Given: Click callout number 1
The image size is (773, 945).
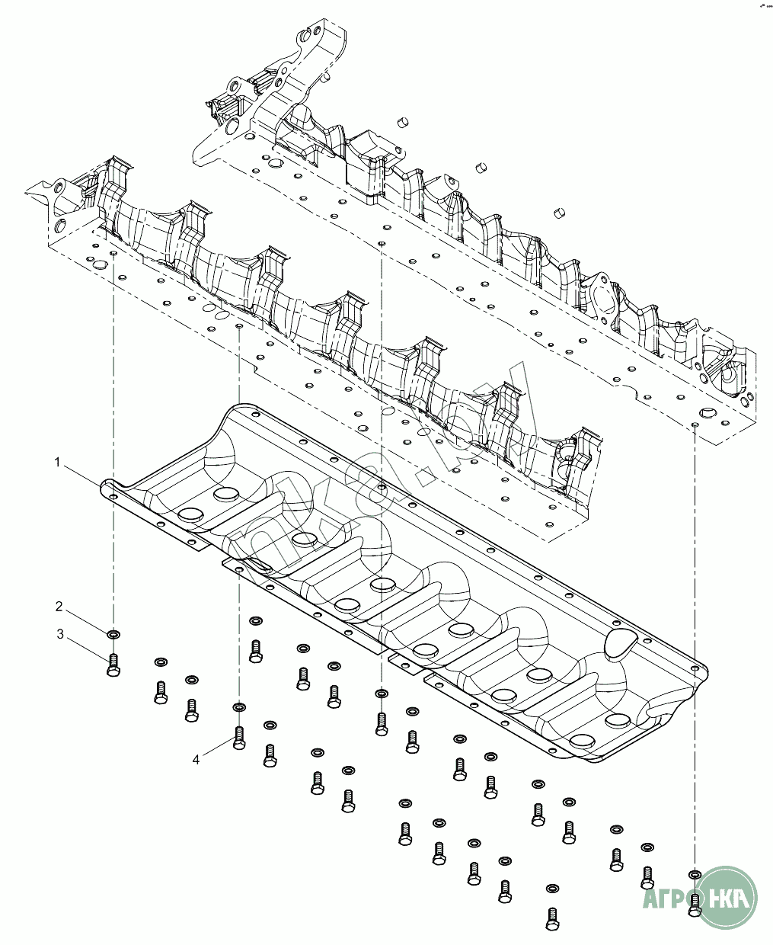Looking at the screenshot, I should point(56,462).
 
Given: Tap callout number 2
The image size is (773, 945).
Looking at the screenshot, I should point(59,607).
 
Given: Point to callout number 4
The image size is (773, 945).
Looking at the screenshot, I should point(196,760).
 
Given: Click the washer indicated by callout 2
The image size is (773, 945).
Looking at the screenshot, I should point(113,634).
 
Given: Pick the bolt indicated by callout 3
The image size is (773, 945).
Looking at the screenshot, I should point(113,665).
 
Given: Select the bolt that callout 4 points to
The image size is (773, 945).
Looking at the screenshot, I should point(239,738).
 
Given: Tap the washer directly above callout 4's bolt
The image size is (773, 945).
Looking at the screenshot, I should point(239,707).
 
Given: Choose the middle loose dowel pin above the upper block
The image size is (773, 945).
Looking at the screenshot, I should point(480,166).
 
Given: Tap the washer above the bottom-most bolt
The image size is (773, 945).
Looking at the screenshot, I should point(553,889).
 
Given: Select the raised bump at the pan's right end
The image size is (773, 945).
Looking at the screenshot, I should point(621,642).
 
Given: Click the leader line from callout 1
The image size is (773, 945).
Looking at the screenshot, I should point(83,473).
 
